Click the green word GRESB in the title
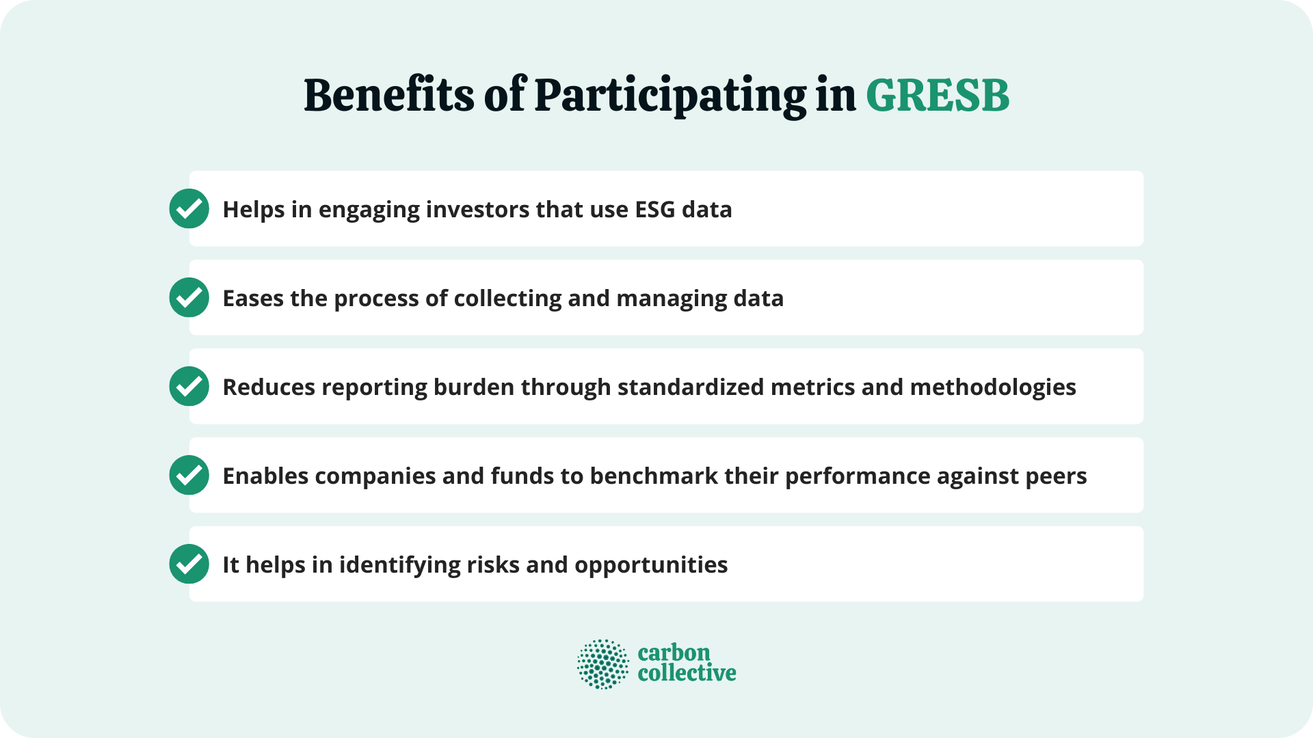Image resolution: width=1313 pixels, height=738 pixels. point(938,96)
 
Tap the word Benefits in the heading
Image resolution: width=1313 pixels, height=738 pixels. point(388,96)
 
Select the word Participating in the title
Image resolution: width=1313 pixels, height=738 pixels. point(670,96)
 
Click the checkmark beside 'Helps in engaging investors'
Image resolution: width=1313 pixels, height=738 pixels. point(189,208)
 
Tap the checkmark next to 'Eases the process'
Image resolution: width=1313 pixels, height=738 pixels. point(189,297)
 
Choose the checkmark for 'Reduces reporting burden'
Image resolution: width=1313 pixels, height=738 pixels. point(189,386)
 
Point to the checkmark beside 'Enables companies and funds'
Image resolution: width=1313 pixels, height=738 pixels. point(189,475)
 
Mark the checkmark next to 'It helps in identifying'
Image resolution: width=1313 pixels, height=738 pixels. point(189,564)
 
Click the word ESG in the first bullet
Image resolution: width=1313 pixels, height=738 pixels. point(655,209)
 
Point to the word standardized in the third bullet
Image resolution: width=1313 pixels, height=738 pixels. point(691,387)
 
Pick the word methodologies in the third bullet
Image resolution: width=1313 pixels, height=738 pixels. point(993,387)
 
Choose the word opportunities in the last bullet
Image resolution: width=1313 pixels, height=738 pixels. point(651,566)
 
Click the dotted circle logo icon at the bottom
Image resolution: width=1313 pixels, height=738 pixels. point(602,664)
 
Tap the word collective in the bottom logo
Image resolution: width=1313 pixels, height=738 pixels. point(687,673)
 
